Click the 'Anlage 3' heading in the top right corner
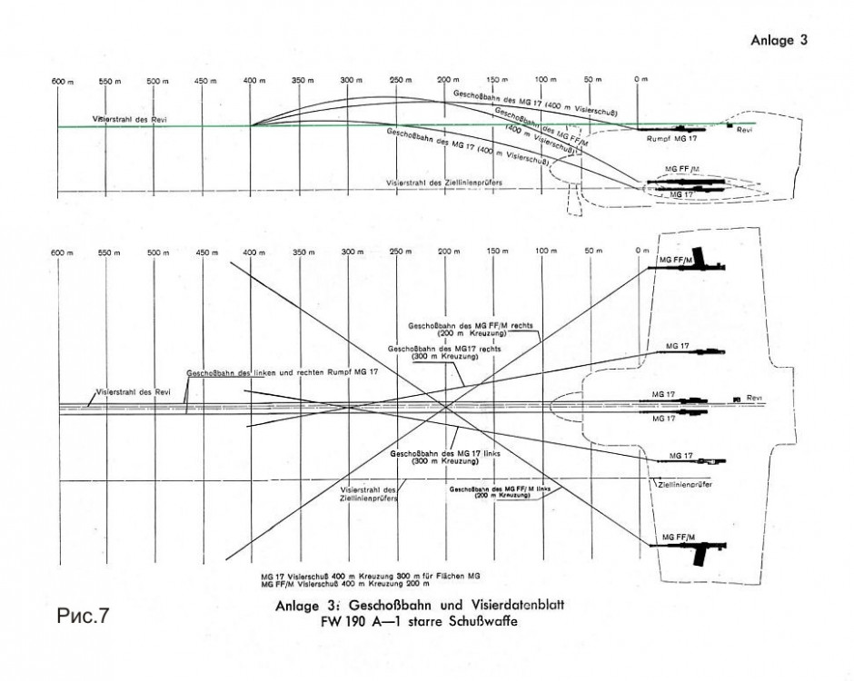[x=779, y=40]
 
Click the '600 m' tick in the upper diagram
[x=60, y=81]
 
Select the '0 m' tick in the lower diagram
[x=641, y=251]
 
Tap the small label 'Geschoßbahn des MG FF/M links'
[x=500, y=488]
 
